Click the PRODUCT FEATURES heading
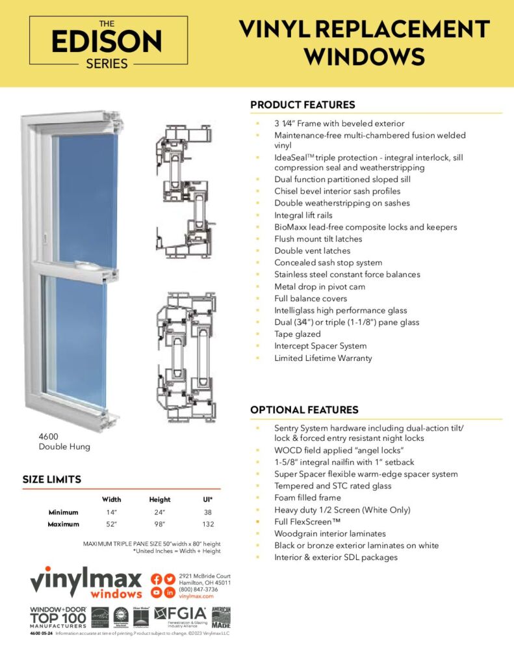click(302, 105)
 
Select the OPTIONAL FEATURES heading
click(304, 410)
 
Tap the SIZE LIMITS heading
click(52, 479)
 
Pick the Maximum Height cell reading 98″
click(159, 524)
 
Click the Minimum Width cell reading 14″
click(111, 512)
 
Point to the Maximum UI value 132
click(208, 524)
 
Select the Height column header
click(159, 499)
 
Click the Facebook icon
click(157, 579)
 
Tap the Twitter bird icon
click(170, 579)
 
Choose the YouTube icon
click(157, 593)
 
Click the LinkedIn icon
click(170, 593)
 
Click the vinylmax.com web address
click(196, 596)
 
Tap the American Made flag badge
click(221, 617)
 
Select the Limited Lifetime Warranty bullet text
click(323, 358)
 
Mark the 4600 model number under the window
click(49, 436)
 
